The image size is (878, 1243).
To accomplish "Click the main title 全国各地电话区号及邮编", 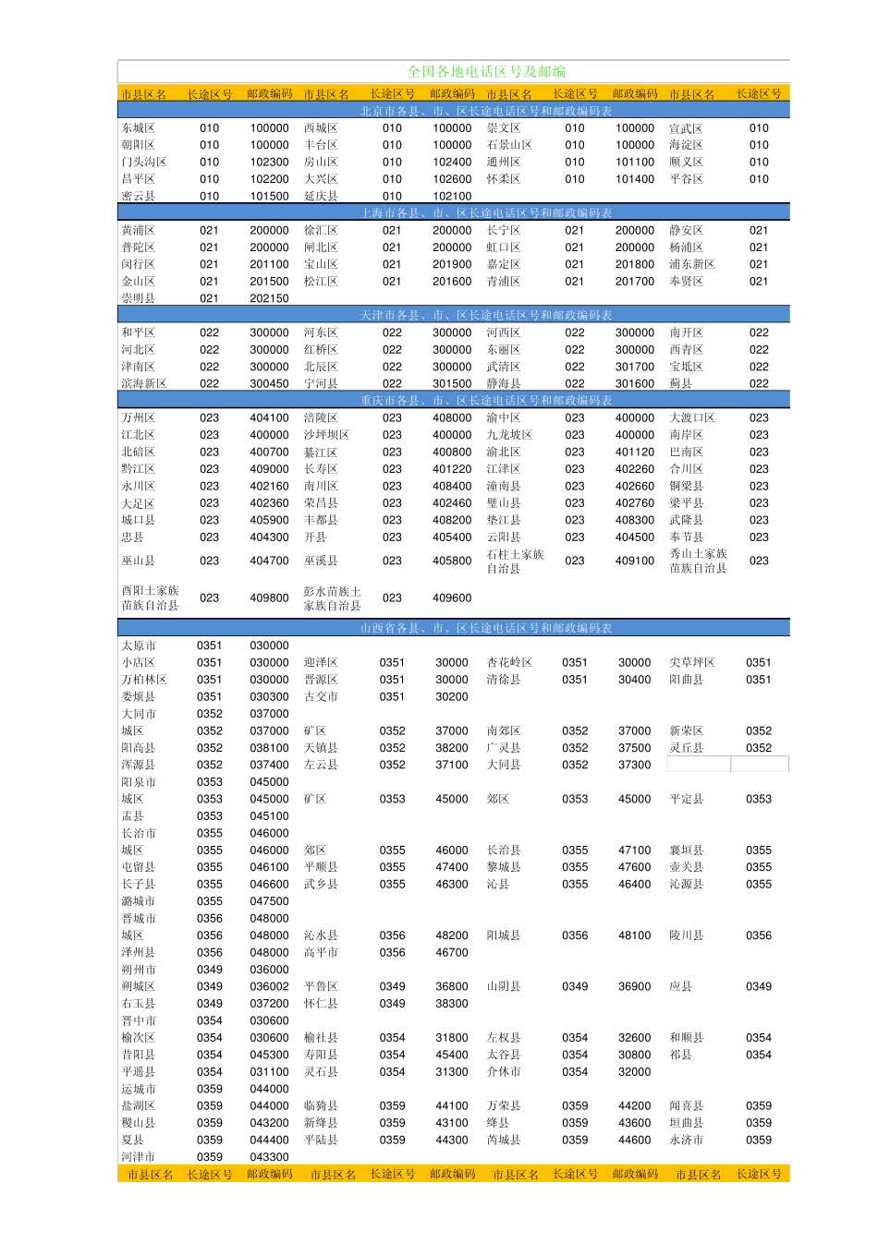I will point(486,71).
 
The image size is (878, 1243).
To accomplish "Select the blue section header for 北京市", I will point(486,111).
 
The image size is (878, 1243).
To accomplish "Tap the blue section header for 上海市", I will point(486,212).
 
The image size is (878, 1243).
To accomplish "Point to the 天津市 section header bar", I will point(486,315).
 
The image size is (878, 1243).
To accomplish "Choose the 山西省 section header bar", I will point(486,628).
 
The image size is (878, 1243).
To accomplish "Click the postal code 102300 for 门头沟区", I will point(269,162).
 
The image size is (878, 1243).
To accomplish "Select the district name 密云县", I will point(139,196).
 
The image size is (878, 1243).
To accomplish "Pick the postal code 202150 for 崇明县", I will point(269,298).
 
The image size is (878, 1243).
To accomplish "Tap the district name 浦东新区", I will point(691,264).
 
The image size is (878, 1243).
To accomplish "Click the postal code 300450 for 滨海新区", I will point(269,383).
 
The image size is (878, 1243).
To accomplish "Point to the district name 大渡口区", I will point(691,417).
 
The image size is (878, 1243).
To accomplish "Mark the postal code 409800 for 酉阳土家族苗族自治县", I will point(269,597).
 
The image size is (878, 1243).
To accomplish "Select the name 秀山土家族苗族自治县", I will point(698,561).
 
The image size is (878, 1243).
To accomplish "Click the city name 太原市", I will point(139,646).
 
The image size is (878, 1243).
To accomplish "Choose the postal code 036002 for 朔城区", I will point(269,986).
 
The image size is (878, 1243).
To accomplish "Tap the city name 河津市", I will point(139,1156).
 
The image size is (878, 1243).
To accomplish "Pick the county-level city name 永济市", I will point(686,1140).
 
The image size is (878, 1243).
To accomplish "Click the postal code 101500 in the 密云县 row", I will point(269,196).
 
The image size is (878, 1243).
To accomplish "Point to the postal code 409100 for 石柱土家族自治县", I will point(635,561).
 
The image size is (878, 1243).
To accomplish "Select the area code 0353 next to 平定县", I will point(759,799).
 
